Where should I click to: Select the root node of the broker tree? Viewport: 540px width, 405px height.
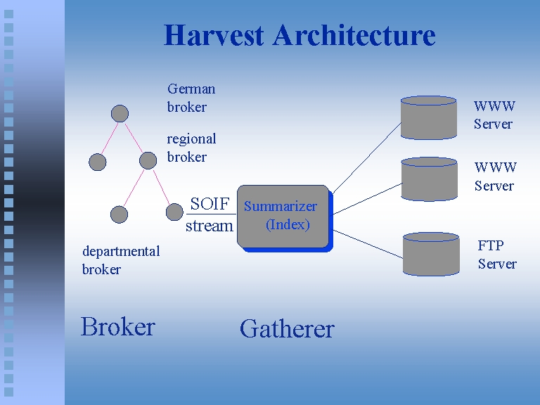(x=120, y=113)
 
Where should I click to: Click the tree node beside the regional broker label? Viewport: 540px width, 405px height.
(x=148, y=161)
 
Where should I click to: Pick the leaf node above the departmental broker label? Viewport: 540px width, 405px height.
(x=120, y=214)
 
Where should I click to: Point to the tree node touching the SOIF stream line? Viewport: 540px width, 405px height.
(x=174, y=212)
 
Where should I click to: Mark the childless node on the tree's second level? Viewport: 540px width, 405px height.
(x=98, y=162)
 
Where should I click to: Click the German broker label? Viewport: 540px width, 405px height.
(x=190, y=98)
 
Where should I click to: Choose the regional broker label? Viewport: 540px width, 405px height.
(x=191, y=148)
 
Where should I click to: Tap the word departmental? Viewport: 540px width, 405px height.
(x=121, y=251)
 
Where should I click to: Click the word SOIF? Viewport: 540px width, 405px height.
(x=210, y=205)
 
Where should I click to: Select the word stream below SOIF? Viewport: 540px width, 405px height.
(x=209, y=226)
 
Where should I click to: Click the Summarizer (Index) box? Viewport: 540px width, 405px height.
(x=283, y=216)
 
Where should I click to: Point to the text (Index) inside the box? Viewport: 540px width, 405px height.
(x=288, y=225)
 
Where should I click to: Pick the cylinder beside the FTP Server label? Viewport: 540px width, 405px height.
(x=431, y=254)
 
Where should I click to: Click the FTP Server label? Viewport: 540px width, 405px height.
(x=496, y=255)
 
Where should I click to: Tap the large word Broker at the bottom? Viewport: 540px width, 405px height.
(x=117, y=327)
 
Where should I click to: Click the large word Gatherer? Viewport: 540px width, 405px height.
(x=287, y=328)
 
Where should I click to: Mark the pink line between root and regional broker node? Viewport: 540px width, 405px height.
(x=134, y=138)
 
